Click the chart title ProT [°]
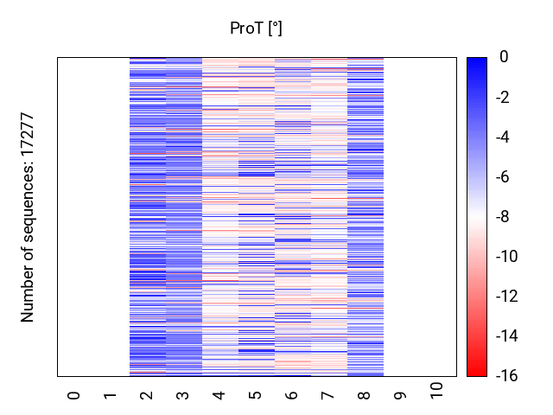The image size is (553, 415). pos(256,29)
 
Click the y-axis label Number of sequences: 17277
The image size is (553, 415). pos(29,217)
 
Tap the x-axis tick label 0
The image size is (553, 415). pos(74,395)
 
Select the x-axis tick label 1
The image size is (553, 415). pos(111,395)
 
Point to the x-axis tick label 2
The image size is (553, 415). pos(147,395)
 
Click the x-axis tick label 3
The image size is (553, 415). pos(183,395)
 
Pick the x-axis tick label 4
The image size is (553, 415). pos(219,395)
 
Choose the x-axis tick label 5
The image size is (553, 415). pos(256,395)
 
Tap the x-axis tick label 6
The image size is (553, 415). pos(292,395)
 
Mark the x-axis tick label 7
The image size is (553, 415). pos(328,395)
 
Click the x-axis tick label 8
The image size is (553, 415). pos(365,395)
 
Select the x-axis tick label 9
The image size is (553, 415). pos(401,395)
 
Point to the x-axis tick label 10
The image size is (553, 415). pos(437,390)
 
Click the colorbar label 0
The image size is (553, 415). pos(504,57)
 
